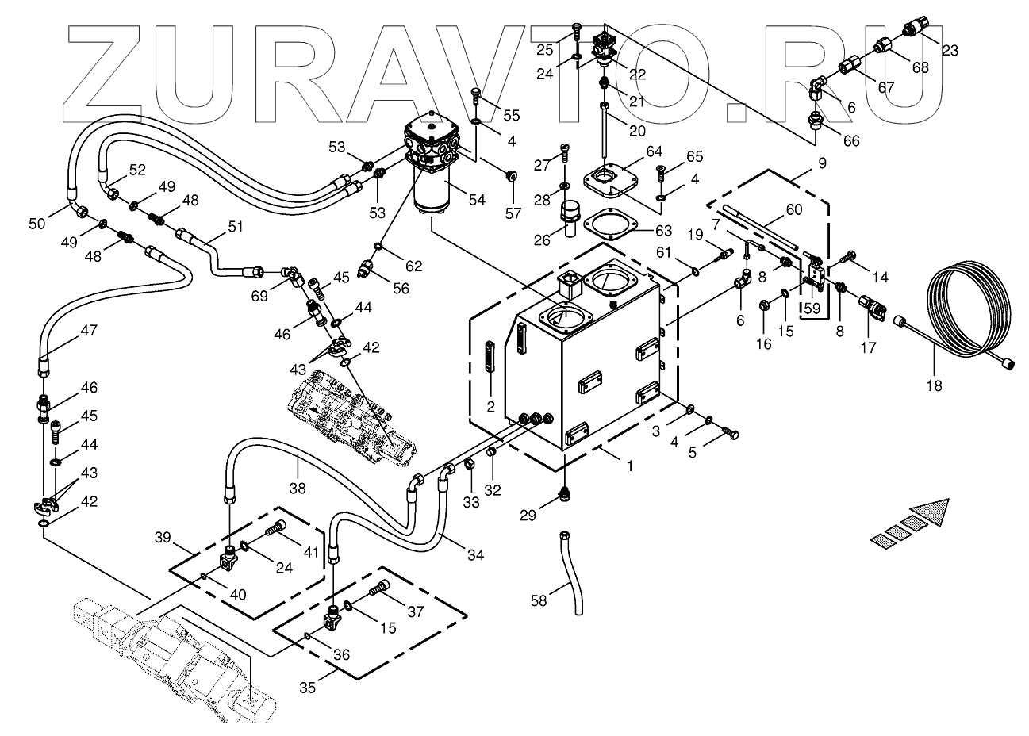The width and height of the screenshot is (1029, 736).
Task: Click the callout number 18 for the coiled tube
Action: point(934,386)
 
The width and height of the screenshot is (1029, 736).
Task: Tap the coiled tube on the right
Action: point(969,310)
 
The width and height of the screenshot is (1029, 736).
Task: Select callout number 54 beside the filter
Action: point(476,200)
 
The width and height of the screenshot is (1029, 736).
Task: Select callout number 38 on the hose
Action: point(297,489)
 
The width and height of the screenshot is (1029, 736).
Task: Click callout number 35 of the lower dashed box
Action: point(307,687)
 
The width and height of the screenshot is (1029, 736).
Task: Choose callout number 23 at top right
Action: point(950,50)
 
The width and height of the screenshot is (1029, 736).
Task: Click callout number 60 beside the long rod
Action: point(794,209)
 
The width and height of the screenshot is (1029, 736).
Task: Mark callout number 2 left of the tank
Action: point(490,407)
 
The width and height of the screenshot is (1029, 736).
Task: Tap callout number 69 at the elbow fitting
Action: point(259,295)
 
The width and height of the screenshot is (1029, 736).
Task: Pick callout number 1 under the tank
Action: point(630,466)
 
